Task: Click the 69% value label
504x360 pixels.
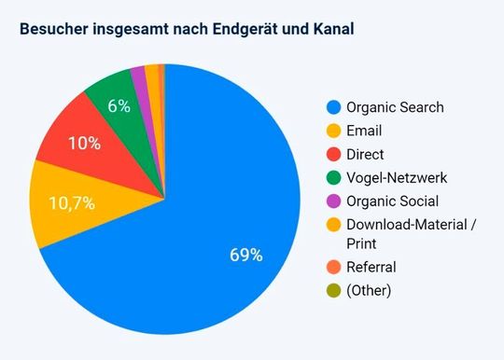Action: (246, 255)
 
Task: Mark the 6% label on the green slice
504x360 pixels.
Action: (119, 105)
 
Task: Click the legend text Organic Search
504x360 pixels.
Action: (395, 106)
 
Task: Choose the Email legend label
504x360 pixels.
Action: (363, 131)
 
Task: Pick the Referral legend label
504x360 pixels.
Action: (371, 267)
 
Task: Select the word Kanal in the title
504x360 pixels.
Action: (330, 28)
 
